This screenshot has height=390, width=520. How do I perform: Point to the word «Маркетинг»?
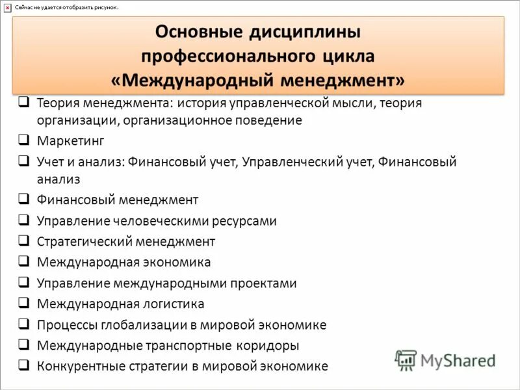(70, 140)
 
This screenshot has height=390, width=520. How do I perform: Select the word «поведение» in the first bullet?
(266, 120)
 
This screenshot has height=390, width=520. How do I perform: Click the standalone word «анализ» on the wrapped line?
(58, 178)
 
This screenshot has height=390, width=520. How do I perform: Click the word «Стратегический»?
(84, 242)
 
